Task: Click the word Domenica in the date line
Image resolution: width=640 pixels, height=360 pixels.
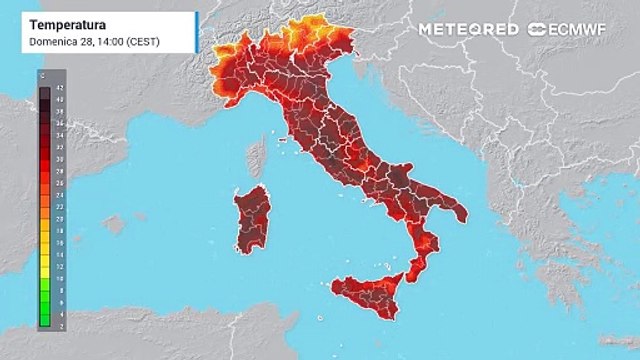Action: pyautogui.click(x=52, y=42)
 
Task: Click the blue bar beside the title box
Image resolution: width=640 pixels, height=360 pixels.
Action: pyautogui.click(x=197, y=32)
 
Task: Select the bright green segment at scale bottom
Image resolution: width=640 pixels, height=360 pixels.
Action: pyautogui.click(x=45, y=316)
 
